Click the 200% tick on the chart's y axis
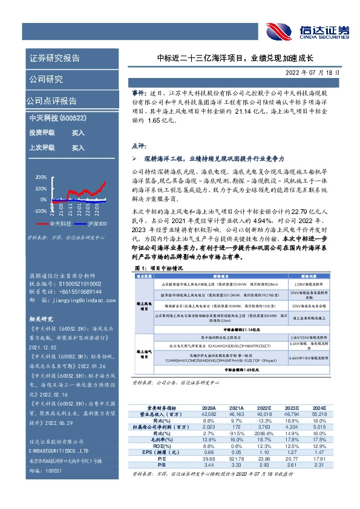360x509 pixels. pos(41,177)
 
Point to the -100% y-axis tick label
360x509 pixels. pos(39,211)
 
